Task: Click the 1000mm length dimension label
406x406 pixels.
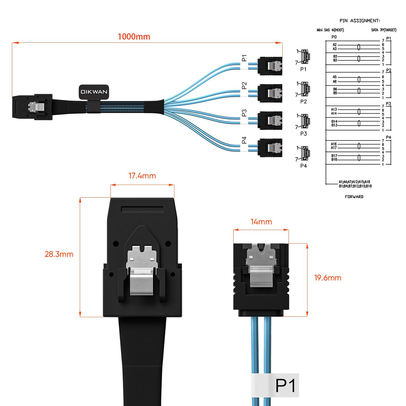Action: pyautogui.click(x=133, y=36)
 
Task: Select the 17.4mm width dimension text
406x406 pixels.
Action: pyautogui.click(x=142, y=176)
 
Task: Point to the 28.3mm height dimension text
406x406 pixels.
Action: pyautogui.click(x=59, y=254)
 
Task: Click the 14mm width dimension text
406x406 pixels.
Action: pyautogui.click(x=261, y=222)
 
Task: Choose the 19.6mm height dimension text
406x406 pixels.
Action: pyautogui.click(x=327, y=278)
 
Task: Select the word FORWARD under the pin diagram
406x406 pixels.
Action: pyautogui.click(x=354, y=197)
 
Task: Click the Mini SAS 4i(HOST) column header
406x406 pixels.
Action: pyautogui.click(x=330, y=30)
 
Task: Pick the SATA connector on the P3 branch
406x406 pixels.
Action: pyautogui.click(x=270, y=120)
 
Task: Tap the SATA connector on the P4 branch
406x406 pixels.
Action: pyautogui.click(x=270, y=148)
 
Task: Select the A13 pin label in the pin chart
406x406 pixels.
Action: pyautogui.click(x=334, y=109)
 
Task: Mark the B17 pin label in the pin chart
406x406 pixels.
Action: pyautogui.click(x=334, y=156)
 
